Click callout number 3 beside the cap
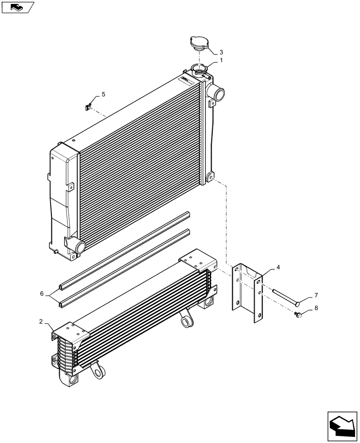point(221,52)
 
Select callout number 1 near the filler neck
point(221,60)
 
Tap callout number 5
point(103,94)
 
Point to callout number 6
point(42,294)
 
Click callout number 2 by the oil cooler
point(42,322)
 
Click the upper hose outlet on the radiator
point(217,94)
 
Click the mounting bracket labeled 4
point(247,292)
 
